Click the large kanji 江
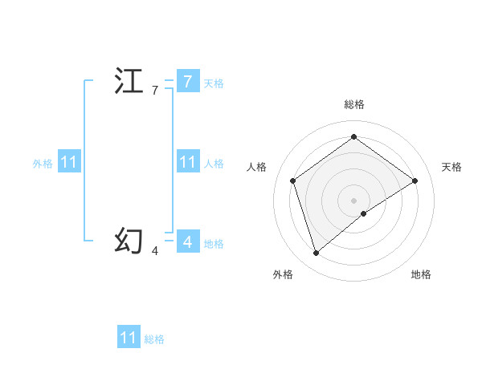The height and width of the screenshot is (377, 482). point(129,82)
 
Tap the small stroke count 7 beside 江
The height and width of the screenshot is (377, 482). point(155,91)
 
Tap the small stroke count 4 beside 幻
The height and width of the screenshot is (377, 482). point(155,251)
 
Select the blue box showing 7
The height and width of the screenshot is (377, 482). point(187,81)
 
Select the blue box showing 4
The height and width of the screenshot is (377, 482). point(187,241)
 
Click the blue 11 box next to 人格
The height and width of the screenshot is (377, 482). point(187,162)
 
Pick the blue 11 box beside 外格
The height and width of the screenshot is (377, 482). point(68,162)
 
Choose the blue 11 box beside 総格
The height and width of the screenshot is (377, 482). point(129,338)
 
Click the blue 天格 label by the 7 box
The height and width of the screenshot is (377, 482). point(213,83)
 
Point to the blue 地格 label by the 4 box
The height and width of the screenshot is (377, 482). point(214,243)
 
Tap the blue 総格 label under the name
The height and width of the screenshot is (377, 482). point(154,339)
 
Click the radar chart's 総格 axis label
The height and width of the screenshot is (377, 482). point(354,104)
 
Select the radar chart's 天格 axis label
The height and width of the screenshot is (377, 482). point(451,167)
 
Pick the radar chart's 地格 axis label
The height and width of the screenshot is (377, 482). point(421,274)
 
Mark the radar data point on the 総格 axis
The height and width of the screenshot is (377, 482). point(353,137)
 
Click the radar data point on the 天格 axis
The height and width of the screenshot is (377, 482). point(415,180)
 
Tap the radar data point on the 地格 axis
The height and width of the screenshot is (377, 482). point(364,213)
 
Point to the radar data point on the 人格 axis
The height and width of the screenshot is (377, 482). point(293,180)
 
